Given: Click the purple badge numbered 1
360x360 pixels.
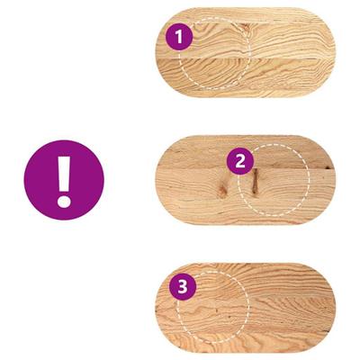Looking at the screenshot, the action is click(179, 37).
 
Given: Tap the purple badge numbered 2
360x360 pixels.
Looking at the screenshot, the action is click(240, 161).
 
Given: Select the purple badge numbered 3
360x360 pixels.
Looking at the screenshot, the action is click(183, 286).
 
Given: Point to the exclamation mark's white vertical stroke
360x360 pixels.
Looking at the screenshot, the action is click(64, 174).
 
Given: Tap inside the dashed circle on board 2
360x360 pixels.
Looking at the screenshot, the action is click(274, 180).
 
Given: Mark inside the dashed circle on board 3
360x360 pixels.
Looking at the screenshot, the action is click(213, 308).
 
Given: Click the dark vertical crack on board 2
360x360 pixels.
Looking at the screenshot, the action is click(255, 181).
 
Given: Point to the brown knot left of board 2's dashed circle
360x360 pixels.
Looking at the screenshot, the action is click(222, 190).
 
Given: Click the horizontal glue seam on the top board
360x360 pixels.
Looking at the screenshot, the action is click(246, 58).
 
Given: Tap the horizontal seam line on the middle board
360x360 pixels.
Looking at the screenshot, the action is click(246, 168).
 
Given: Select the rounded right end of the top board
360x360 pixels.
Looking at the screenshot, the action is click(326, 52).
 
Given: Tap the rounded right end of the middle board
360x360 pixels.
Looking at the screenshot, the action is click(326, 180).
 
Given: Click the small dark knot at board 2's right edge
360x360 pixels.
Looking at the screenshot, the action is click(328, 166).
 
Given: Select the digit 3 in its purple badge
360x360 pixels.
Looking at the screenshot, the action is click(183, 287).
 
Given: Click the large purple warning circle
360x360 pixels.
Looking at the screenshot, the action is click(64, 180).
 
